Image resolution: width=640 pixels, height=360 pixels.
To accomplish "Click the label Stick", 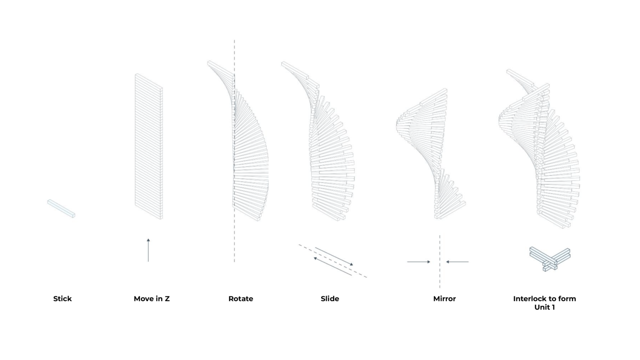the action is pyautogui.click(x=62, y=299).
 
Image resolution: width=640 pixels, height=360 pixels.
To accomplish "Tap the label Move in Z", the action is pyautogui.click(x=151, y=299).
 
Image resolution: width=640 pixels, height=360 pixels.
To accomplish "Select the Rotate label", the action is pyautogui.click(x=240, y=299).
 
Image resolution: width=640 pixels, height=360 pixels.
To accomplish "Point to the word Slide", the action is pyautogui.click(x=330, y=299).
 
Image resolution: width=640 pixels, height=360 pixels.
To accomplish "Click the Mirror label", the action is pyautogui.click(x=444, y=299).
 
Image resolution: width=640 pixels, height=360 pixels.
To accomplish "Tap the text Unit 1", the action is pyautogui.click(x=545, y=307).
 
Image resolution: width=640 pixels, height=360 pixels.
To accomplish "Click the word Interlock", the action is pyautogui.click(x=530, y=299).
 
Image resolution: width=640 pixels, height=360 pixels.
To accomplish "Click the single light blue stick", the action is pyautogui.click(x=61, y=208).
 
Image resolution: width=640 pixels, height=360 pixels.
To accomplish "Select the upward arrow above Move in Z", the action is pyautogui.click(x=148, y=250).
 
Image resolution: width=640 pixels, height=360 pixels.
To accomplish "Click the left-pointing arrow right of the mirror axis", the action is pyautogui.click(x=457, y=262).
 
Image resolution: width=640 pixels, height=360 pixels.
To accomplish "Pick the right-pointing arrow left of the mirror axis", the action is pyautogui.click(x=419, y=262).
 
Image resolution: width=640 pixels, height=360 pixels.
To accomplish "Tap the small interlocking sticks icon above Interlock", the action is pyautogui.click(x=550, y=259).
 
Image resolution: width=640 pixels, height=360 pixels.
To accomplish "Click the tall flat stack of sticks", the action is pyautogui.click(x=149, y=146).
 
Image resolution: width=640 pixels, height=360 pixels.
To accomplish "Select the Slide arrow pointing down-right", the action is pyautogui.click(x=334, y=256).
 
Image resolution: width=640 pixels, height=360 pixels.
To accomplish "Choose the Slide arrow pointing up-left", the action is pyautogui.click(x=332, y=266).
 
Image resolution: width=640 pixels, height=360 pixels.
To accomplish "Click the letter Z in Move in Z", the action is pyautogui.click(x=167, y=299).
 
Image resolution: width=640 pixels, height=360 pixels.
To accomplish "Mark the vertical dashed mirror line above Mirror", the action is pyautogui.click(x=440, y=261).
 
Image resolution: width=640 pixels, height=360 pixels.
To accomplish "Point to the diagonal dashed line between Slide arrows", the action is pyautogui.click(x=333, y=261).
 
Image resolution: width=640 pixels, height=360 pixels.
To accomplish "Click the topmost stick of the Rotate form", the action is pyautogui.click(x=221, y=69).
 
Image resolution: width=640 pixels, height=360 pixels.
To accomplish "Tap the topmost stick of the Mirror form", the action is pyautogui.click(x=433, y=97).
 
